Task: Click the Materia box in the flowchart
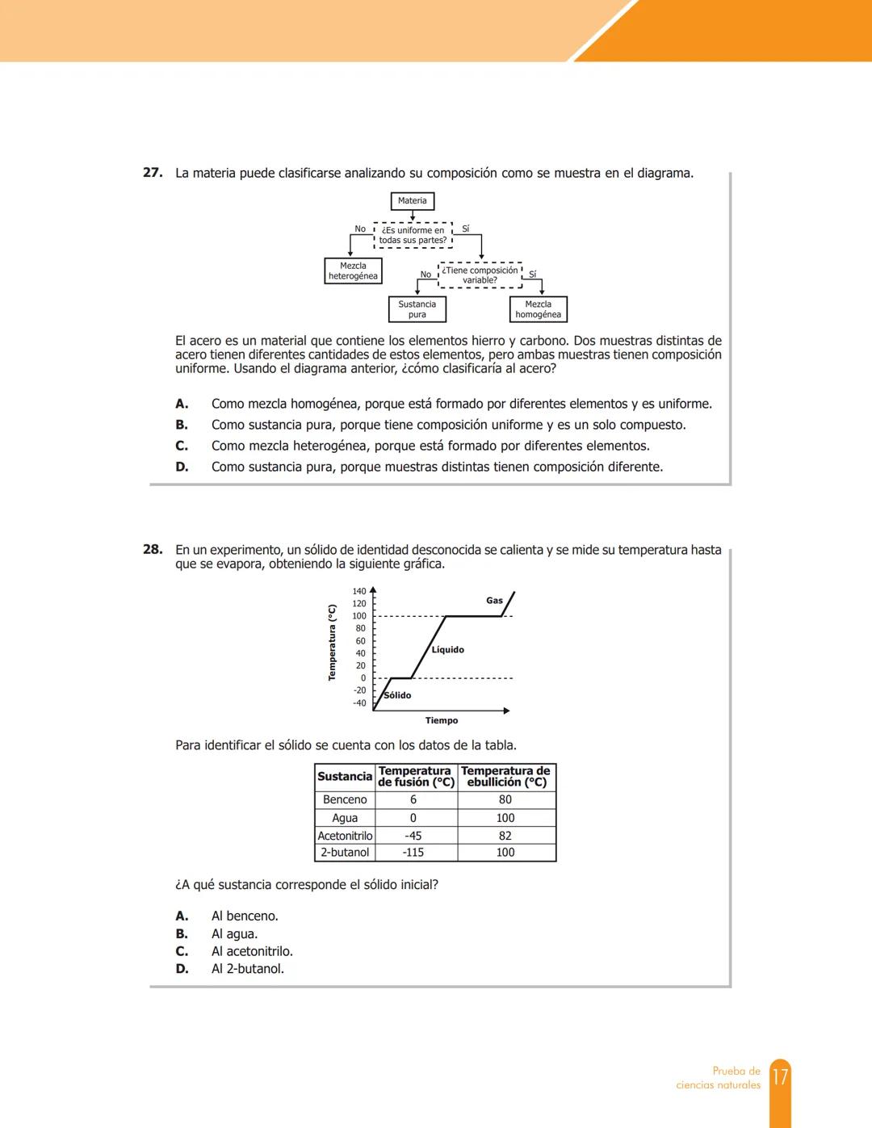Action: [x=412, y=201]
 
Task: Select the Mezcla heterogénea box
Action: [x=353, y=271]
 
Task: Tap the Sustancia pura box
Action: [x=417, y=309]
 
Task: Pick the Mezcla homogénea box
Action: [x=538, y=309]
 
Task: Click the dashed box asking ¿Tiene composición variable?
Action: [x=480, y=275]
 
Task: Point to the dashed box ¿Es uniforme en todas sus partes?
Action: [x=413, y=235]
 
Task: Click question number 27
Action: [x=153, y=173]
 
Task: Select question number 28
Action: [x=153, y=550]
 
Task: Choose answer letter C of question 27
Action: [x=182, y=446]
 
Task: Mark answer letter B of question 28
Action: [x=182, y=934]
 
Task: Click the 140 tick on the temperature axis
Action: [x=359, y=592]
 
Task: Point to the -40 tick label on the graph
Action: [x=359, y=703]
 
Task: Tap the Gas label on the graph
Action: [x=494, y=601]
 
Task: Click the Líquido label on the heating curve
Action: [x=447, y=650]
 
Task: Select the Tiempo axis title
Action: [x=442, y=721]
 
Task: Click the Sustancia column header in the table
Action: [x=345, y=777]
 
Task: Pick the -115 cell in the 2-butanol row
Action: [x=413, y=853]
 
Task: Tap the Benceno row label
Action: [x=345, y=800]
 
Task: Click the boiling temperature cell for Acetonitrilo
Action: [x=505, y=837]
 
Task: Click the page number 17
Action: [x=780, y=1078]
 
